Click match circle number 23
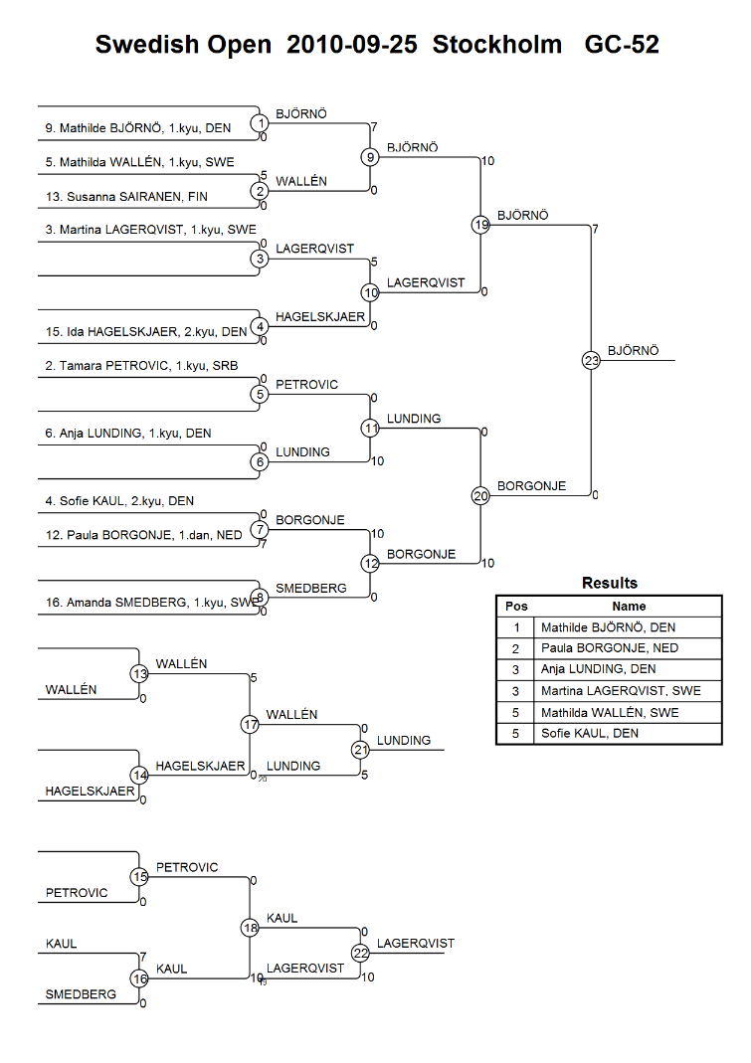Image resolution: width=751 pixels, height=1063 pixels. click(x=592, y=361)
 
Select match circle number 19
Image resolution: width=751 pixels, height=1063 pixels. click(x=481, y=226)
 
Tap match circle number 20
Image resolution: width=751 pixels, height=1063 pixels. click(x=481, y=496)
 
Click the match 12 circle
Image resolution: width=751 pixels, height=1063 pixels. click(x=370, y=564)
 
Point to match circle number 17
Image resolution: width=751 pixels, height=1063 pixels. click(x=250, y=725)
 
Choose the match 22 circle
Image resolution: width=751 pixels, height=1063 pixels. click(x=360, y=953)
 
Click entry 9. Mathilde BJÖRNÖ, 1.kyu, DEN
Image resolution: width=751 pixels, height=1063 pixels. click(x=145, y=128)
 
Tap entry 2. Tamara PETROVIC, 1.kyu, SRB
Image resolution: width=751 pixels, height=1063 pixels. click(x=141, y=366)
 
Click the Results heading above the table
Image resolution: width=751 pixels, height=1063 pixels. click(x=609, y=583)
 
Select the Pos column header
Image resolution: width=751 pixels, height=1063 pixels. click(x=516, y=606)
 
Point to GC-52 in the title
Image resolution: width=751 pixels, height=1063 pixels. click(x=622, y=45)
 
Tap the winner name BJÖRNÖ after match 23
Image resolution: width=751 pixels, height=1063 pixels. click(x=633, y=351)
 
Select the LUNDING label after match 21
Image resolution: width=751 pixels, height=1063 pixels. click(x=404, y=741)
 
